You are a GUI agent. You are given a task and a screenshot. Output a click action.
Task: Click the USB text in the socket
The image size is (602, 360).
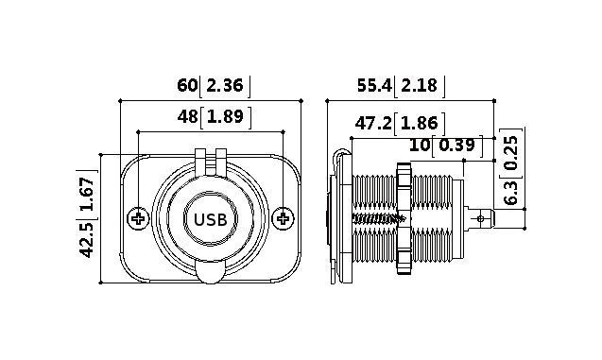210,219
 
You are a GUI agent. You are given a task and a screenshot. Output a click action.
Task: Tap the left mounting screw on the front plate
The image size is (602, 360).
138,219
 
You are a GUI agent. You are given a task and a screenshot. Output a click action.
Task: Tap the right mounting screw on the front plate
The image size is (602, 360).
282,219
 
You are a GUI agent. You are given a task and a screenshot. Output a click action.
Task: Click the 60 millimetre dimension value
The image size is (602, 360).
187,86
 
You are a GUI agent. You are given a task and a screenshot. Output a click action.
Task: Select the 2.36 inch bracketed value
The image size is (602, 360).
225,86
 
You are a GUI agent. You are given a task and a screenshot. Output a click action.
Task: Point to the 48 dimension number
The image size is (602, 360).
187,117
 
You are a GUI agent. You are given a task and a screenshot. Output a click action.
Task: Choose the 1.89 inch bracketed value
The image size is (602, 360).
225,117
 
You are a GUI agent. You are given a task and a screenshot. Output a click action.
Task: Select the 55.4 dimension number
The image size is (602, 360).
373,86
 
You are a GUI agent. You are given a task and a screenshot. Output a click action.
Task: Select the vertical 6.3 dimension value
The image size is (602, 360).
511,195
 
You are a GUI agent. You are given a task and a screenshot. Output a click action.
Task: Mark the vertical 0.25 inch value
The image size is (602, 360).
511,152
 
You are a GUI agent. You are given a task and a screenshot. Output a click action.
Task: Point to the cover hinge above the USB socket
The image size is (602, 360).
210,158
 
